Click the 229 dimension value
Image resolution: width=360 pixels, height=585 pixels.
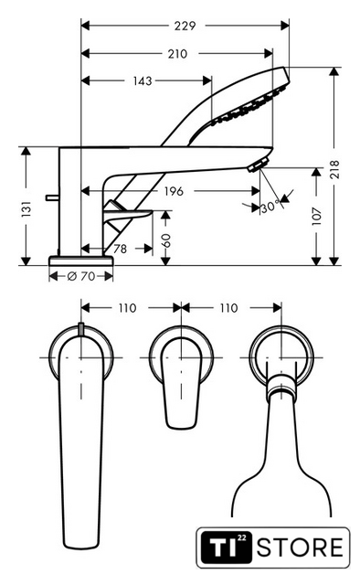pyautogui.click(x=185, y=26)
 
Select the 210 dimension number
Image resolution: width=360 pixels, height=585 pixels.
pyautogui.click(x=177, y=54)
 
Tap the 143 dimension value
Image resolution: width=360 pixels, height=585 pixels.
pyautogui.click(x=143, y=80)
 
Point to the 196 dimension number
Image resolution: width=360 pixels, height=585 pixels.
pyautogui.click(x=174, y=191)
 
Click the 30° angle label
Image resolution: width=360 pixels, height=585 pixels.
pyautogui.click(x=270, y=207)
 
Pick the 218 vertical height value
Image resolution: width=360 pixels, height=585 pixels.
pyautogui.click(x=334, y=169)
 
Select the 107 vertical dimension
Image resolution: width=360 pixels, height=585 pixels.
pyautogui.click(x=317, y=216)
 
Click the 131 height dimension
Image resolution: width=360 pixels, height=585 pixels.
pyautogui.click(x=26, y=209)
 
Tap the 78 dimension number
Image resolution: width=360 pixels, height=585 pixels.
pyautogui.click(x=120, y=249)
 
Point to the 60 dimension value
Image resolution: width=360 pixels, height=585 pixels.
pyautogui.click(x=166, y=240)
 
